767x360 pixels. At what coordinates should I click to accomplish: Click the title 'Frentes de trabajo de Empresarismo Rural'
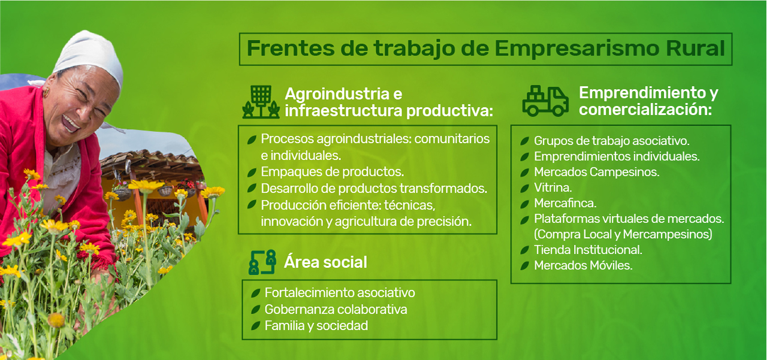(485, 49)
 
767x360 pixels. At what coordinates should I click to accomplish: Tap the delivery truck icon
(545, 101)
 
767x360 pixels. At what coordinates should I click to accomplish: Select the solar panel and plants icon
(261, 101)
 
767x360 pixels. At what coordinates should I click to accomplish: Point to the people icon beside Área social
(262, 262)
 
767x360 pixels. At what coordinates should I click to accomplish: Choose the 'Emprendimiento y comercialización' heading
(648, 101)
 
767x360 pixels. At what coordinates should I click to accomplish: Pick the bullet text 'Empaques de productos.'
(332, 172)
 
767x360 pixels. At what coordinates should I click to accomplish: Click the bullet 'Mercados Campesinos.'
(596, 172)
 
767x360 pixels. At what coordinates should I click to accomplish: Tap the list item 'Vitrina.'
(552, 187)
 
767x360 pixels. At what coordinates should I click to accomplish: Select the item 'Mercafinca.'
(565, 203)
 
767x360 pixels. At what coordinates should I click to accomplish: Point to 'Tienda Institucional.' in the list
(588, 250)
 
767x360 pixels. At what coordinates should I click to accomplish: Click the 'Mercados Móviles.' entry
(583, 265)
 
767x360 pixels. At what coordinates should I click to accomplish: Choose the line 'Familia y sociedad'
(316, 326)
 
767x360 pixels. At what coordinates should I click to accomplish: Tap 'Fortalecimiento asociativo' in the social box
(340, 293)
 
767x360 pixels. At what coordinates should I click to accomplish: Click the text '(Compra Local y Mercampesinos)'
(623, 234)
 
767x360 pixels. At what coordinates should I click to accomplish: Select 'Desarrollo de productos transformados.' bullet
(374, 188)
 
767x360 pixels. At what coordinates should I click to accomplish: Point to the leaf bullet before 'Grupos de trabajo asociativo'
(524, 141)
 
